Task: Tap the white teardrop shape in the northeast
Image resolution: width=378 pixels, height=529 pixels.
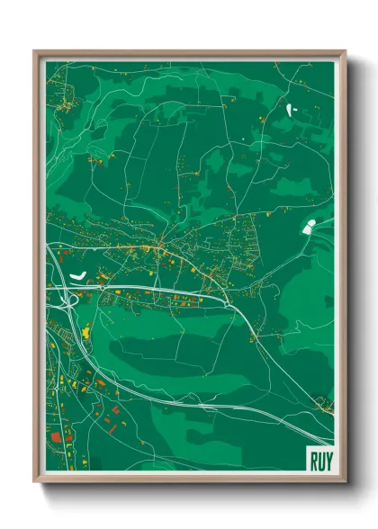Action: tap(290, 111)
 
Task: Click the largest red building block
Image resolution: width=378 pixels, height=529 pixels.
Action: tap(56, 437)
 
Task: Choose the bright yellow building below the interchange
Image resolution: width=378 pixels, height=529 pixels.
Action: tap(87, 334)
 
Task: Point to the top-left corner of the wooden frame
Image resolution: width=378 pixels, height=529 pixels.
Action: tap(35, 52)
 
